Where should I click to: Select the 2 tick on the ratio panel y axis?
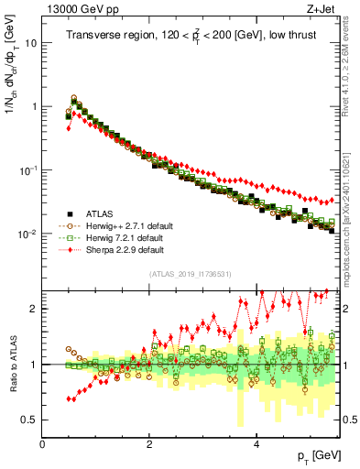(x=33, y=309)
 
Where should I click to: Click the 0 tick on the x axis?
(x=43, y=444)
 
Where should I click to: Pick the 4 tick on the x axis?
(x=257, y=444)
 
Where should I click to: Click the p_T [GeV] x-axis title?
(x=316, y=455)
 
